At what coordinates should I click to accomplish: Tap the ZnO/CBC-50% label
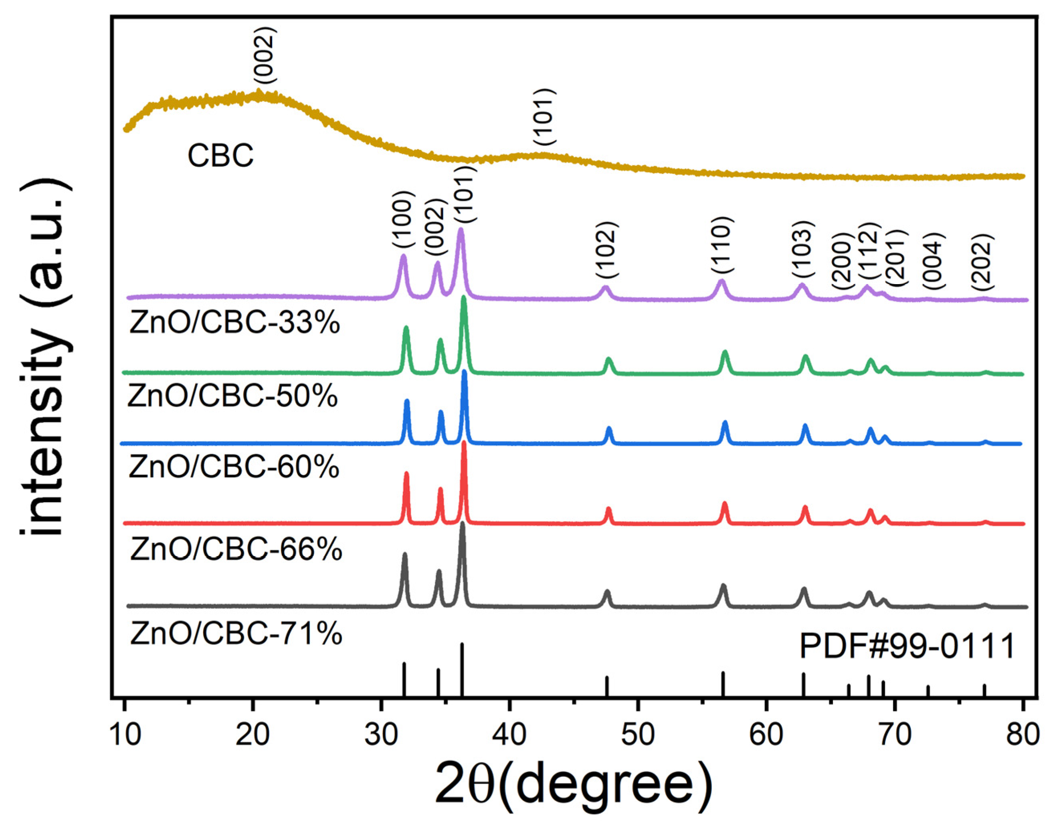pyautogui.click(x=233, y=396)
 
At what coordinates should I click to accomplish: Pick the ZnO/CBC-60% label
pyautogui.click(x=234, y=467)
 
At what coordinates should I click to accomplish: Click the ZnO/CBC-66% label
pyautogui.click(x=236, y=549)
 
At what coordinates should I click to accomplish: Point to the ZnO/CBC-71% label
pyautogui.click(x=236, y=633)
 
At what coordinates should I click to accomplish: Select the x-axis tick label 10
pyautogui.click(x=125, y=735)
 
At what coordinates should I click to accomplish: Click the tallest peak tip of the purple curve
pyautogui.click(x=461, y=230)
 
